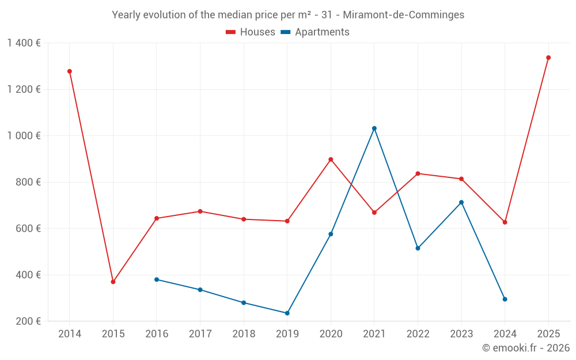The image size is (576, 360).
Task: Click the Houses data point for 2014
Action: [70, 71]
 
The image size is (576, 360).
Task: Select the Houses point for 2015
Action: [113, 282]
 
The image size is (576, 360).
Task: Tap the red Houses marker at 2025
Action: [548, 58]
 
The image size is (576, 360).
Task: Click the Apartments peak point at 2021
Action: [374, 128]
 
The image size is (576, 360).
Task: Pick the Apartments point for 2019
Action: [287, 313]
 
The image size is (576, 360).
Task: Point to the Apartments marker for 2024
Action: [505, 299]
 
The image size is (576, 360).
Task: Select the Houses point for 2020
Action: [331, 160]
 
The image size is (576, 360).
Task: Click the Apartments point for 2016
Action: [157, 279]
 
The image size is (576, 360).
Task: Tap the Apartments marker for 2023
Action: [461, 202]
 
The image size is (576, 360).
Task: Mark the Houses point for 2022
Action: [418, 173]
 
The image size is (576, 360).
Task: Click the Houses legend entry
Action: [251, 32]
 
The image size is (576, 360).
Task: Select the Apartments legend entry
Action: [315, 32]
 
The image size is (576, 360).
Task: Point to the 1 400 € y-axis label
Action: [24, 43]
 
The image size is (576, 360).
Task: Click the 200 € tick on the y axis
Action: [28, 321]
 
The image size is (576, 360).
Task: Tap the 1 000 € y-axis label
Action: [24, 136]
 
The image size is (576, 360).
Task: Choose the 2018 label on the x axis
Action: [244, 334]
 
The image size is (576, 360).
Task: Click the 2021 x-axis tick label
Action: [374, 334]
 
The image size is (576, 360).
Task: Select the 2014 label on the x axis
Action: [70, 334]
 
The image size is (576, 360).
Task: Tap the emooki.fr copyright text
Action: [526, 348]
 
